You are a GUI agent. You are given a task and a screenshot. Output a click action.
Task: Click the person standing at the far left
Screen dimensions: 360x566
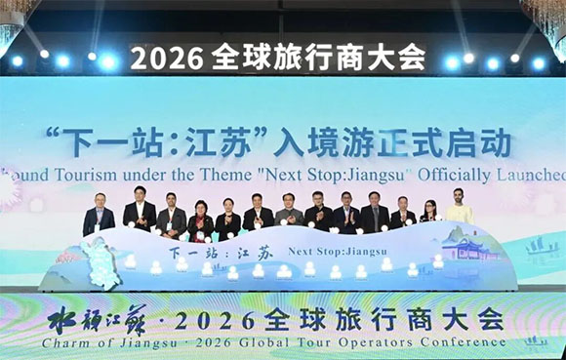point(99,216)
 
